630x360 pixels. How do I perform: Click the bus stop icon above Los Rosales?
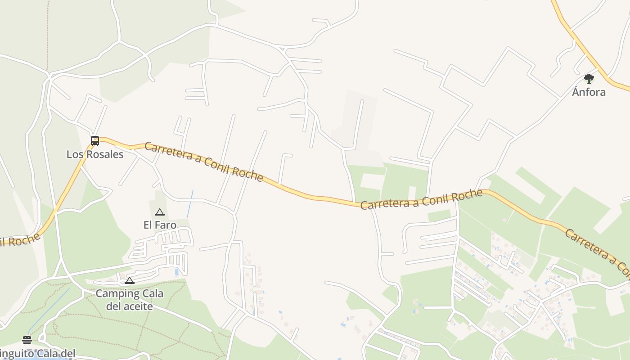pos(94,141)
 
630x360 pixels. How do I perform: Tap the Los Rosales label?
pos(95,154)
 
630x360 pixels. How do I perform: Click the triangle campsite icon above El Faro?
pos(160,212)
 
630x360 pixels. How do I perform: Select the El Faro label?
pos(160,225)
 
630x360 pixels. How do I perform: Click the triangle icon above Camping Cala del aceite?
pos(130,281)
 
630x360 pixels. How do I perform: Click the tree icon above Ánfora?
pos(589,79)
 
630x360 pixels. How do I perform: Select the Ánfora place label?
pos(589,92)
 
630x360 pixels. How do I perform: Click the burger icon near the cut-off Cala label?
pos(27,340)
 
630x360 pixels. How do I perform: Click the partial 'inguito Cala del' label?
pos(38,354)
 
